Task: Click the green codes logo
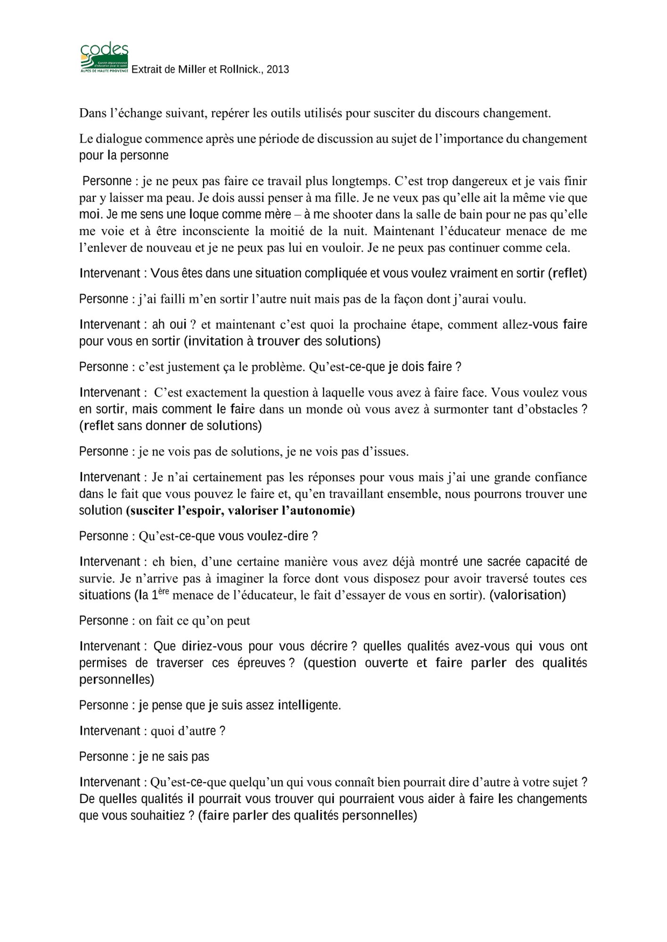pos(104,57)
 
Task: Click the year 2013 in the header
pos(277,70)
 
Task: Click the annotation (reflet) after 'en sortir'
pos(567,273)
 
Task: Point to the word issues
pos(387,452)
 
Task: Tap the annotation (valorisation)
pos(527,595)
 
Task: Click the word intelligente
pos(309,705)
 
